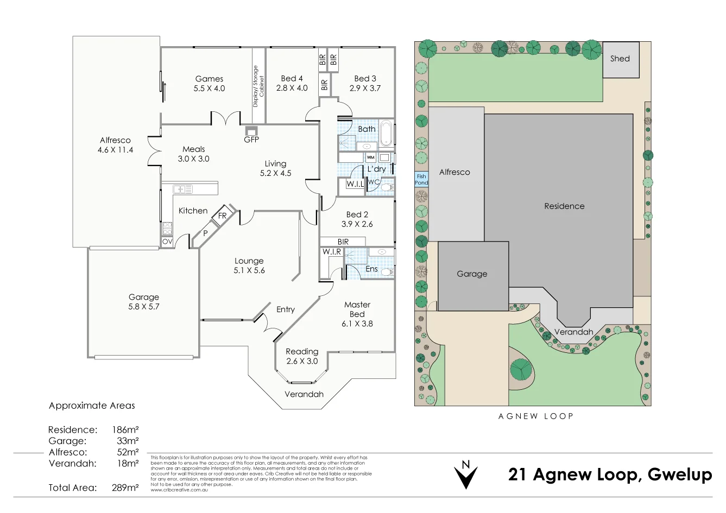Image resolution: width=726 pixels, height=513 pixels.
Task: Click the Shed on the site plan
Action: point(621,59)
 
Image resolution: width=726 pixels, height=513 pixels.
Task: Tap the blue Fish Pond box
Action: point(421,180)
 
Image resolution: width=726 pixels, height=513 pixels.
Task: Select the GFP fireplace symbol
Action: point(251,131)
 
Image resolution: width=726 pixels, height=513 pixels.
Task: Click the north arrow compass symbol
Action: point(465,474)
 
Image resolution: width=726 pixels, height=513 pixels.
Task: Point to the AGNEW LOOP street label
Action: point(535,416)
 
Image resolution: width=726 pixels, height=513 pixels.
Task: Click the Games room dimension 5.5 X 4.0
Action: point(209,88)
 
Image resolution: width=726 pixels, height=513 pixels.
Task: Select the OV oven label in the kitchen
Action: point(167,242)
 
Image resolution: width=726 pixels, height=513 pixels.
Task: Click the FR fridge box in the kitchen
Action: point(222,216)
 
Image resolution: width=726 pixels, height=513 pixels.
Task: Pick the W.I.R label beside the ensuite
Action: point(331,252)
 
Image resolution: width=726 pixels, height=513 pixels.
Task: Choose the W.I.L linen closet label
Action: point(355,184)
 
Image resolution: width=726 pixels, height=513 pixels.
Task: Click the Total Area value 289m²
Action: point(125,487)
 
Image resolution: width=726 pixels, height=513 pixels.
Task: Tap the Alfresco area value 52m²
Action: point(128,452)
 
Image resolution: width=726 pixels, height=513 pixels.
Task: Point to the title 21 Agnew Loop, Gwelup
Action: point(610,474)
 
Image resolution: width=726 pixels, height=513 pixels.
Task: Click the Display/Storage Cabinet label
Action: point(258,86)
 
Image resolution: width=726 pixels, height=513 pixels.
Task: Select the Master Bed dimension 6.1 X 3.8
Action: point(357,324)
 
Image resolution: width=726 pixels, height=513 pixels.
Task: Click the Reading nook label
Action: point(302,352)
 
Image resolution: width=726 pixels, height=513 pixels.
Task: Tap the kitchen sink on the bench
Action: point(182,189)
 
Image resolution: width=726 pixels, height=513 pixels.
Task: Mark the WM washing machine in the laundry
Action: point(371,157)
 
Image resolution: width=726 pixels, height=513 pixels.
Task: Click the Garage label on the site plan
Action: point(472,274)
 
